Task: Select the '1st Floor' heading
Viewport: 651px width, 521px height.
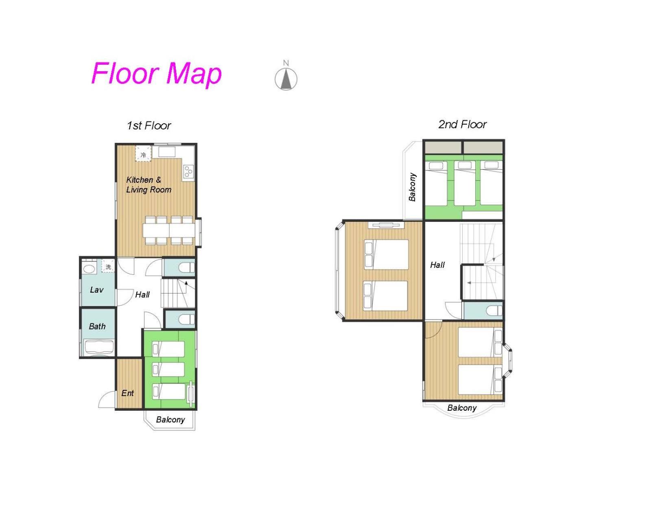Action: tap(149, 125)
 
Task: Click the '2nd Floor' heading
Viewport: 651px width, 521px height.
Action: tap(463, 124)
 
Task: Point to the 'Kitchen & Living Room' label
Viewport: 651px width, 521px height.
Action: tap(149, 185)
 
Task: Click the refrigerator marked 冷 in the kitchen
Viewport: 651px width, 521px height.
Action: tap(143, 154)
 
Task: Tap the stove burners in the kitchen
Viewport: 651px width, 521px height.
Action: tap(188, 171)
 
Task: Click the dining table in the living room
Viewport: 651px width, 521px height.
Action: tap(169, 230)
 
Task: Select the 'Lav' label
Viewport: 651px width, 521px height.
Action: tap(97, 290)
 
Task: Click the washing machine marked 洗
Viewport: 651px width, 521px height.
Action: tap(108, 267)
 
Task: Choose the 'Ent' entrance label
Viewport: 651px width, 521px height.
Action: tap(127, 393)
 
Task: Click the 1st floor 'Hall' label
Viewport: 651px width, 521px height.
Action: tap(142, 294)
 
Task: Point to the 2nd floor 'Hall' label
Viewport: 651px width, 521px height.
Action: tap(437, 265)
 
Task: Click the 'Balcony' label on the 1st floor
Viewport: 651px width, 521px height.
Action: tap(170, 420)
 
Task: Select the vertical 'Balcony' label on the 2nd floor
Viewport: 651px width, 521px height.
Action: tap(412, 187)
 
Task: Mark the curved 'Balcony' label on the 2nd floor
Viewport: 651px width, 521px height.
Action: tap(462, 408)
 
